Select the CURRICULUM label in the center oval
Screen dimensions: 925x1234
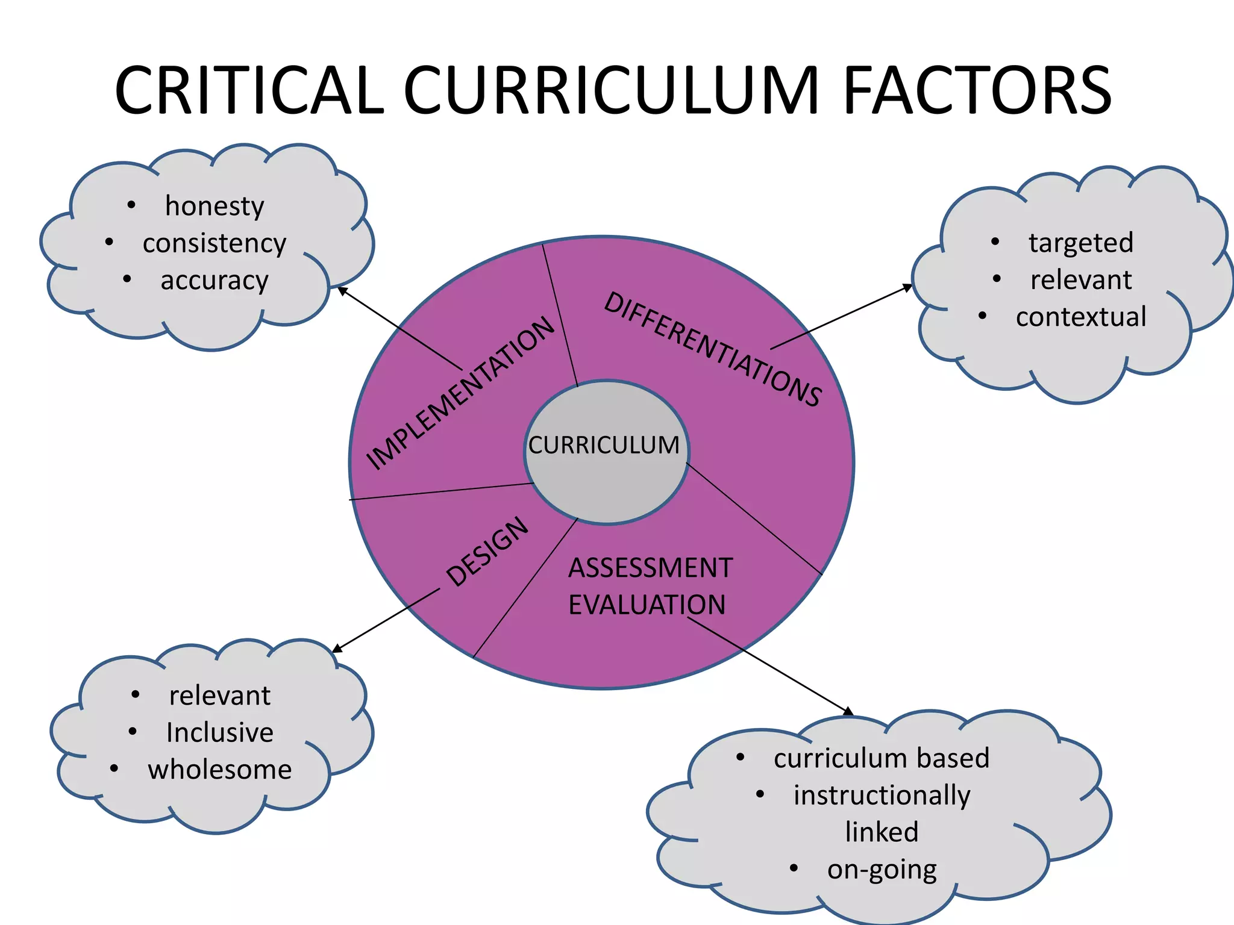[604, 446]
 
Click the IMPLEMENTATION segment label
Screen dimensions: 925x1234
[460, 393]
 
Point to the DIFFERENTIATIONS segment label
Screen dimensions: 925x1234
[712, 349]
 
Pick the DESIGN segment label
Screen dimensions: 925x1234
[487, 552]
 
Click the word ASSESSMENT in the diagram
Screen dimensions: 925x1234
[650, 568]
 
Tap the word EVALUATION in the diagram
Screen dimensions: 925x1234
[647, 605]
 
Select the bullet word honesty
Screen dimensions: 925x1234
[215, 207]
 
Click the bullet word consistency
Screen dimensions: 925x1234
[215, 243]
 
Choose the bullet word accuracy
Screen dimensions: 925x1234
[215, 281]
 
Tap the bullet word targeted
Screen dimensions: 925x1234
[1081, 243]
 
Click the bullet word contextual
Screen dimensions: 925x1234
[1081, 317]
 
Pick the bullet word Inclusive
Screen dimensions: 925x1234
[220, 733]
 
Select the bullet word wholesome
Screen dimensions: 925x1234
[220, 770]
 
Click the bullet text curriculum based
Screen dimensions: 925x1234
[882, 758]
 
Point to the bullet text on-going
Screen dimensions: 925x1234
[882, 870]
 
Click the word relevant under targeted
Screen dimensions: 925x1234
[1081, 280]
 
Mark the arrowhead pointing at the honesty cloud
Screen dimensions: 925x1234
[342, 290]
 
